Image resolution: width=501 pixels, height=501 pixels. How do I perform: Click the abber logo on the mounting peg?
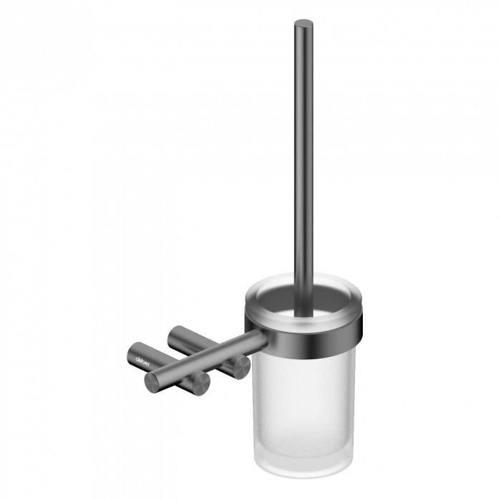coord(142,361)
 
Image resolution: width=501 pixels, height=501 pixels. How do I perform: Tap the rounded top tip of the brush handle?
coord(303,24)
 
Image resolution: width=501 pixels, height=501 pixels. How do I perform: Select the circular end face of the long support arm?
coord(155,383)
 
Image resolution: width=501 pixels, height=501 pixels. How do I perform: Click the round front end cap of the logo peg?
coord(200,384)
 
